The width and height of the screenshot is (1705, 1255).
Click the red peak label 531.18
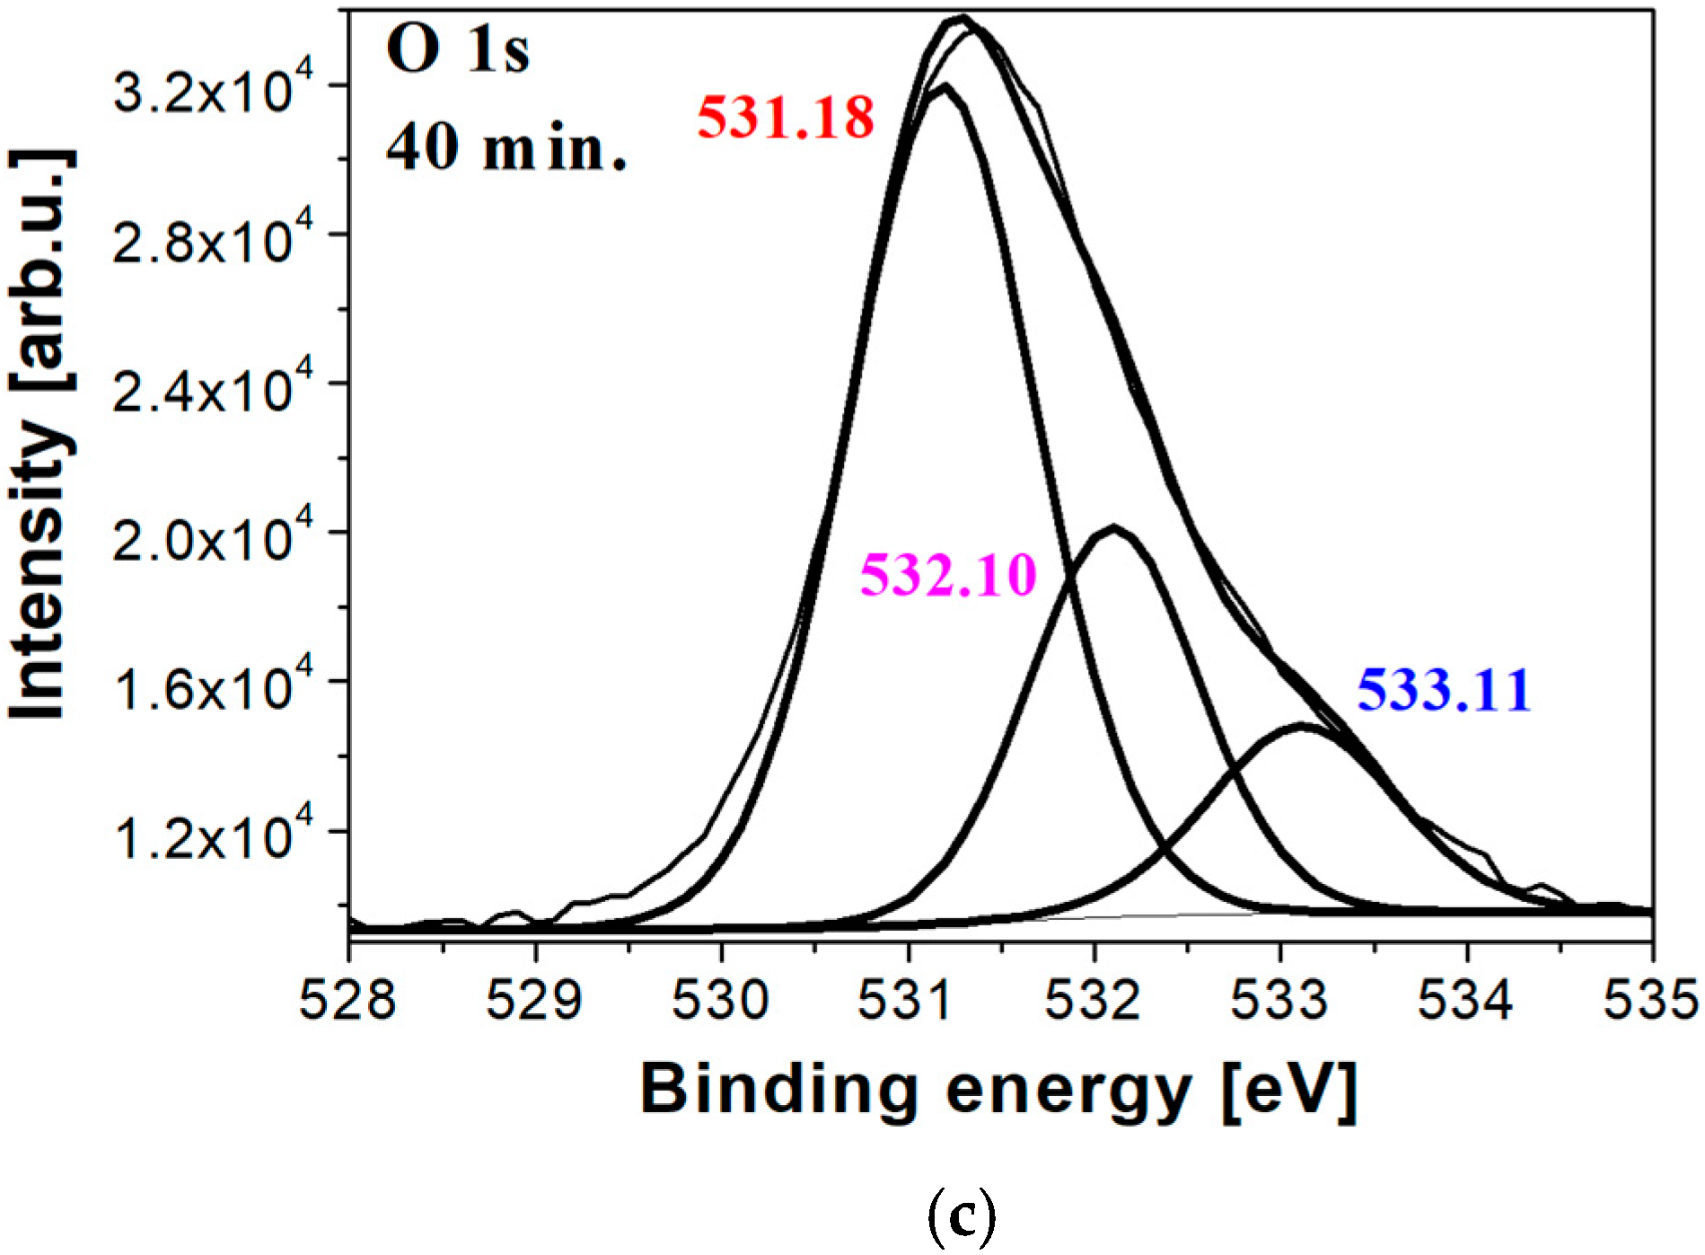[x=786, y=118]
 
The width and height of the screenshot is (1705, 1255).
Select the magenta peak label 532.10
[x=948, y=575]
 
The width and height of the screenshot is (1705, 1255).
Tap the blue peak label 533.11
[x=1443, y=691]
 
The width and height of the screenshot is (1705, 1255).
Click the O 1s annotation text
[x=458, y=50]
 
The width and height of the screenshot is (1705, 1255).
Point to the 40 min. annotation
[x=505, y=147]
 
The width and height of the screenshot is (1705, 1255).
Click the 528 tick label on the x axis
[x=347, y=1001]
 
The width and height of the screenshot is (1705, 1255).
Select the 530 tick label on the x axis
[x=721, y=1001]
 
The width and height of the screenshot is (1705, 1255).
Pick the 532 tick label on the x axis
[x=1094, y=1001]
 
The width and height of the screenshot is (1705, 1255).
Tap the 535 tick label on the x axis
[x=1650, y=1001]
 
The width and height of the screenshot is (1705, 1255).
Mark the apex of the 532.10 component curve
[x=1112, y=528]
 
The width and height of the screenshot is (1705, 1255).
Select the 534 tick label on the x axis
[x=1465, y=1001]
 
